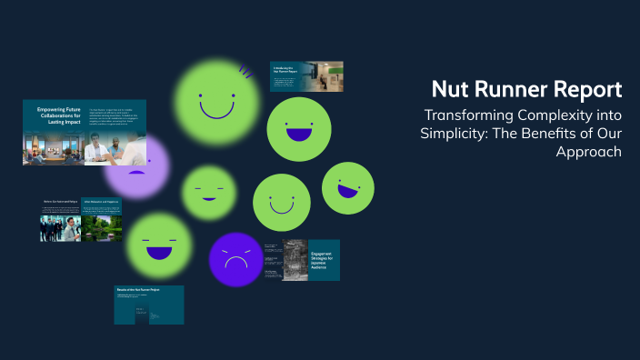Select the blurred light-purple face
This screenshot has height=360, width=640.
pyautogui.click(x=136, y=165)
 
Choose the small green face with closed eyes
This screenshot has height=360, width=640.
pyautogui.click(x=208, y=192)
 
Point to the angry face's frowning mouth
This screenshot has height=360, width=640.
pyautogui.click(x=235, y=265)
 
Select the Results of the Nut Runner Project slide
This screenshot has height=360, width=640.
pyautogui.click(x=148, y=305)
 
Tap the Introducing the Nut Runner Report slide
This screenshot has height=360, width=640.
pyautogui.click(x=305, y=78)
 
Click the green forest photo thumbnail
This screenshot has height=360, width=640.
pyautogui.click(x=103, y=227)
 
